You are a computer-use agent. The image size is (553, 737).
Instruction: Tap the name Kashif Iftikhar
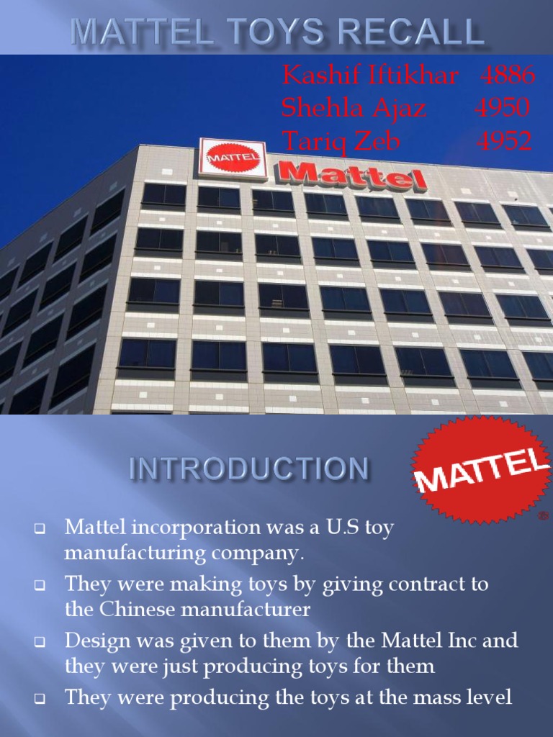[370, 75]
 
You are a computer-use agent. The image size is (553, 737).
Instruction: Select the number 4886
[508, 75]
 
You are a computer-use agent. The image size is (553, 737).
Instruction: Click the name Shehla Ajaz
[354, 108]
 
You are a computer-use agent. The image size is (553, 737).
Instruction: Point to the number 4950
[503, 108]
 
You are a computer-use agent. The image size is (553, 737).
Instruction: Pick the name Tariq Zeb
[341, 141]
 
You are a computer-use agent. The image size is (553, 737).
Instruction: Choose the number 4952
[504, 141]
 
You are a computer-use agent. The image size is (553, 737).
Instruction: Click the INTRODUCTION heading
[248, 470]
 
